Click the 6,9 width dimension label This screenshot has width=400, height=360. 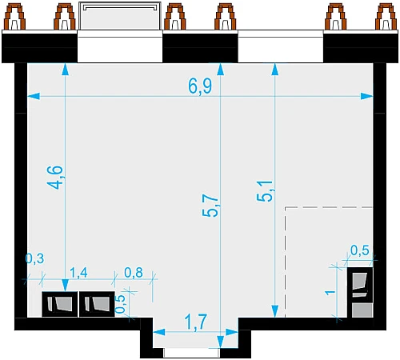pos(200,86)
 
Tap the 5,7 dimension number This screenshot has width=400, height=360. pos(210,205)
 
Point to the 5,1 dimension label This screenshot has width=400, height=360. pos(265,191)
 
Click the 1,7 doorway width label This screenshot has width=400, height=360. pos(196,322)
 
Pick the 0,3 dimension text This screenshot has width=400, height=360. pos(34,258)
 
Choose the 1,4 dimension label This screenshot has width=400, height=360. pos(78,273)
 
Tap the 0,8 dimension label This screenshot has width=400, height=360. pos(134,273)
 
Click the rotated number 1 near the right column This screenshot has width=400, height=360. pos(330,293)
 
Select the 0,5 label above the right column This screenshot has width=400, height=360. pos(360,250)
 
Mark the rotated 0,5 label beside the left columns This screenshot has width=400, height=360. pos(121,304)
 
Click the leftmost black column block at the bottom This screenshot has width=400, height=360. pos(60,304)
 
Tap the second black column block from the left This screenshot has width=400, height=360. pos(97,304)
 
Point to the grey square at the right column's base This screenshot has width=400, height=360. pos(362,310)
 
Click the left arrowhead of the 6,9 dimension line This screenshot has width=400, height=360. pos(34,96)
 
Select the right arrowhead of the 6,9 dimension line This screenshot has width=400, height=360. pos(367,96)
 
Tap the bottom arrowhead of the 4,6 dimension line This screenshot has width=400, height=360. pos(66,286)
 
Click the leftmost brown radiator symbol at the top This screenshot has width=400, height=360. pos(14,17)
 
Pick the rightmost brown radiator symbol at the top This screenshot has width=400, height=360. pos(386,17)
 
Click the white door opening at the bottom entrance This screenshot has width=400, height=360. pos(191,353)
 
